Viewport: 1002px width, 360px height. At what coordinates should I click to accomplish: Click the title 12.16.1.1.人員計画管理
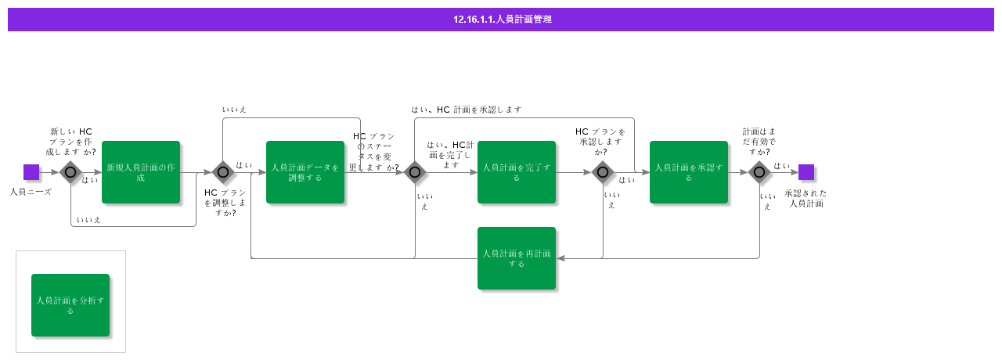(x=502, y=20)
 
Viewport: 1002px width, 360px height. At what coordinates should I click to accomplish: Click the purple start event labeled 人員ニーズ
(x=31, y=172)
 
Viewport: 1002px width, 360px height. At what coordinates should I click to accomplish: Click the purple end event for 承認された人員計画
(x=806, y=172)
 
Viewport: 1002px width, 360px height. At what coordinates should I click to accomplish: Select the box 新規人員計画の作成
(x=141, y=172)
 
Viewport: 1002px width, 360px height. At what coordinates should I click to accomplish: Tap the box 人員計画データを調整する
(x=305, y=172)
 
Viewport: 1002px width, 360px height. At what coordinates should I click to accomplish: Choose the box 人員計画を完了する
(x=517, y=172)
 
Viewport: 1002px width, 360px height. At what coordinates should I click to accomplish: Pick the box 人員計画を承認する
(x=689, y=172)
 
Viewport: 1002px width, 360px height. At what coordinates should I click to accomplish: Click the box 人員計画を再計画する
(x=517, y=258)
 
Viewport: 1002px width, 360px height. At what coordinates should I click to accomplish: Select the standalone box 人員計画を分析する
(x=70, y=305)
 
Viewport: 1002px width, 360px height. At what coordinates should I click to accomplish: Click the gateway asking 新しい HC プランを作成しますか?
(x=70, y=172)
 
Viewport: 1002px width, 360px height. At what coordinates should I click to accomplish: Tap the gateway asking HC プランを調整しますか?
(x=223, y=172)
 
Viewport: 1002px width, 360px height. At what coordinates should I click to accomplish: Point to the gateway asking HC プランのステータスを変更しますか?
(x=415, y=172)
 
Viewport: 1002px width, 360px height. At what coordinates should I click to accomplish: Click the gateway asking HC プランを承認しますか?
(x=603, y=172)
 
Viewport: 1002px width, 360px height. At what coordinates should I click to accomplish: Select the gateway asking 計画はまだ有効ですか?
(x=759, y=172)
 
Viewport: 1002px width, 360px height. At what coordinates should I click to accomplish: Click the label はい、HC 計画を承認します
(x=467, y=110)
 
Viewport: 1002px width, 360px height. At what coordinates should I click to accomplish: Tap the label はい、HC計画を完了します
(x=450, y=155)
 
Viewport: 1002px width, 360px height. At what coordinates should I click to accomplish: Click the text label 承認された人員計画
(x=806, y=198)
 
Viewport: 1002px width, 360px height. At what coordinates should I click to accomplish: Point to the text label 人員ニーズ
(x=31, y=191)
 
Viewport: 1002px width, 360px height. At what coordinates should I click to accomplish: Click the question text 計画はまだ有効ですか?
(x=759, y=141)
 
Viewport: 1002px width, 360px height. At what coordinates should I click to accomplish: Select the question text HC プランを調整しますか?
(x=225, y=202)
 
